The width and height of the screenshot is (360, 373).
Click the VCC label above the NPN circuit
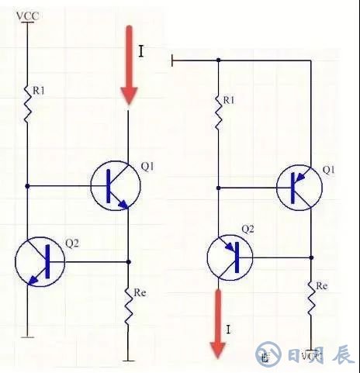coord(27,14)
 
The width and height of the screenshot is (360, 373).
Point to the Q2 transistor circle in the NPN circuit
coord(40,261)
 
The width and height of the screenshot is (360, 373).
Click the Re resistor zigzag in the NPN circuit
coord(128,308)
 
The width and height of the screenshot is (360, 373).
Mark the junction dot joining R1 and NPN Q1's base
coord(27,186)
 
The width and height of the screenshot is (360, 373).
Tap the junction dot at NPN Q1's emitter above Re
coord(128,261)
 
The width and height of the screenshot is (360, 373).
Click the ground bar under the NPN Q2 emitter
coord(27,335)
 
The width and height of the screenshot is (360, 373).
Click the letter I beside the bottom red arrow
coord(228,330)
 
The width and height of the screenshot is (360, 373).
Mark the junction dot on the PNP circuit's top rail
coord(218,60)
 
